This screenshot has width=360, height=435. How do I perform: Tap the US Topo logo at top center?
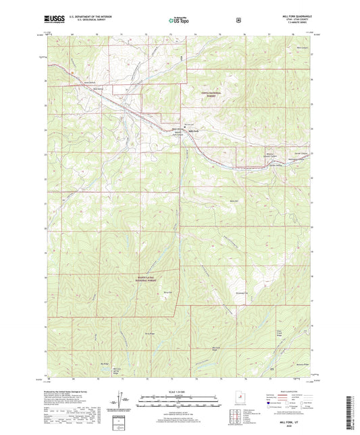click(x=179, y=20)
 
